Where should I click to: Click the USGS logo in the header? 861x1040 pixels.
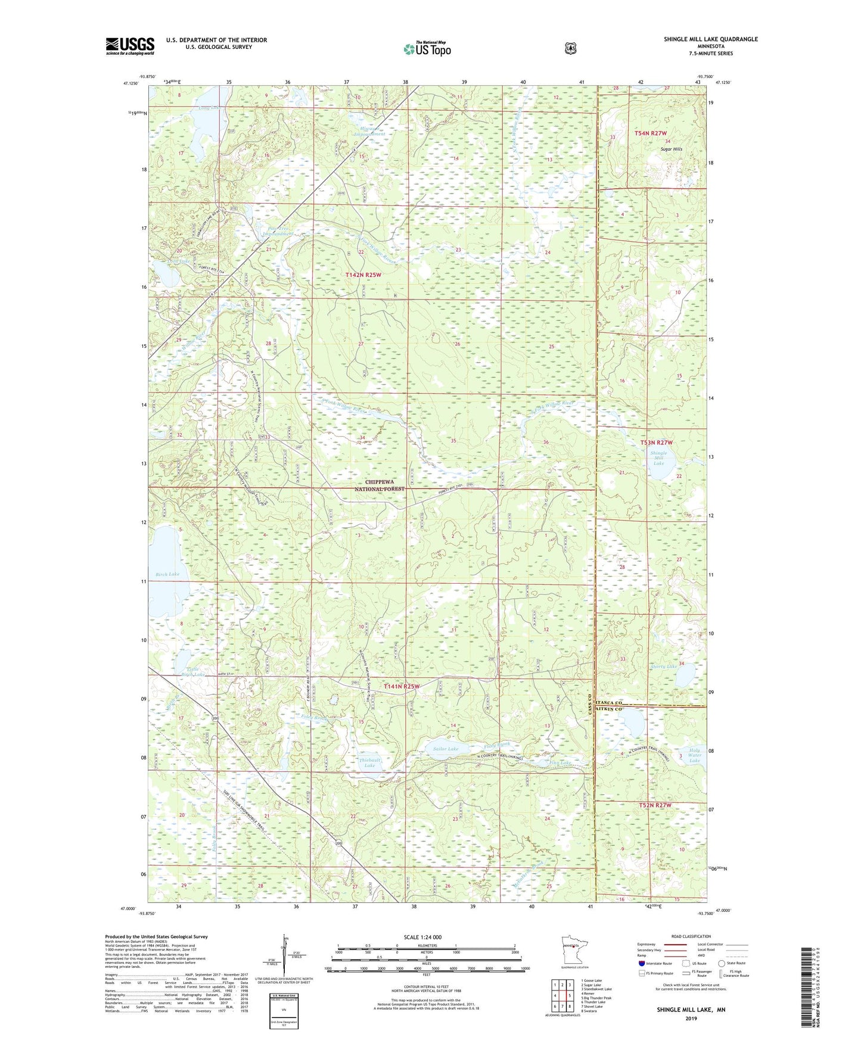point(130,46)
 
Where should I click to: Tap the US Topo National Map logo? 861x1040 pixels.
point(427,48)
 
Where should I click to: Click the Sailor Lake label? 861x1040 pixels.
point(445,749)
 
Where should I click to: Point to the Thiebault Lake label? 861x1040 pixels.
point(370,762)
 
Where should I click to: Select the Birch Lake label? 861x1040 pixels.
point(167,574)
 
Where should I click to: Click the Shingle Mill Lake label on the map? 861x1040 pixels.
point(658,457)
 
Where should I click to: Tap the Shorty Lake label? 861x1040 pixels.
point(663,667)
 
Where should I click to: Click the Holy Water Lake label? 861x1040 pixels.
point(694,755)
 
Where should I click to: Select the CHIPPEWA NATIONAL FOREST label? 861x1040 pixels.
point(380,485)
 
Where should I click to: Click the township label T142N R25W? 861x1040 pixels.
point(363,275)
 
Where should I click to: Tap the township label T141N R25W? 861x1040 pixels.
point(402,686)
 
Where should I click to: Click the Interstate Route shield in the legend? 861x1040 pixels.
point(641,963)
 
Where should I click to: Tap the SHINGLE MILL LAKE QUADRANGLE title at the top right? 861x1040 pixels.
point(711,39)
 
